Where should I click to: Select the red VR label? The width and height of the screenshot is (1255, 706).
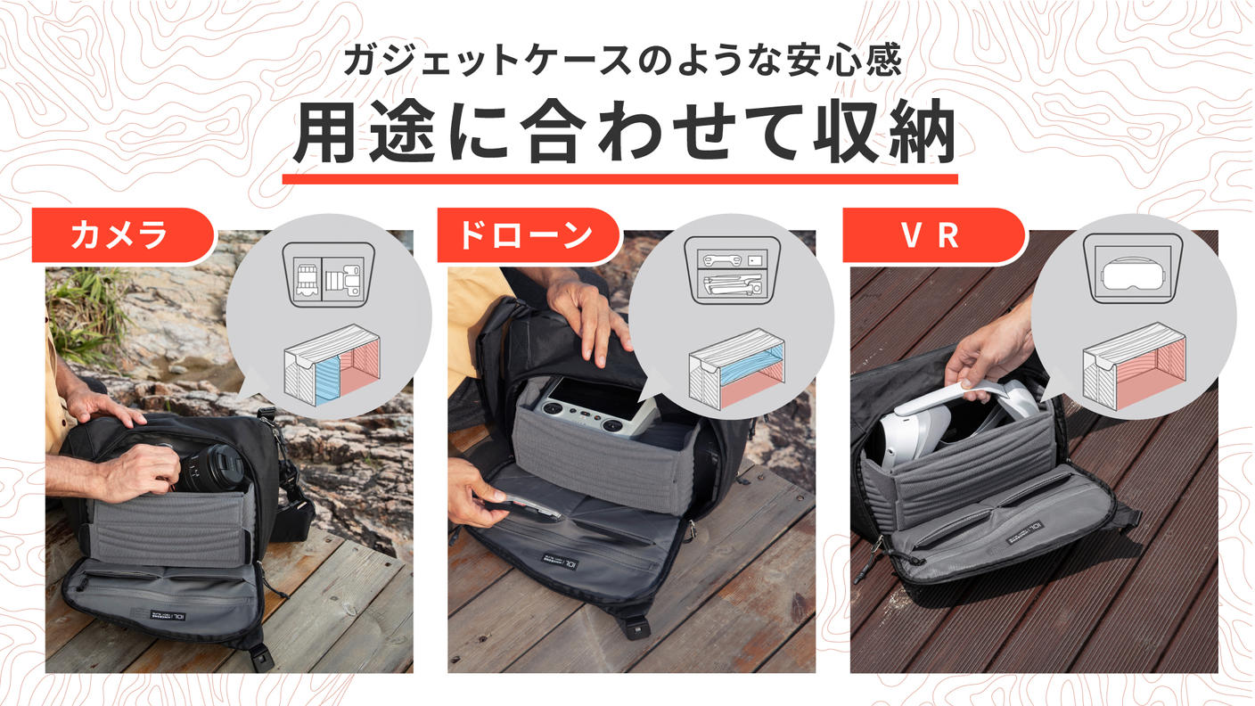[932, 236]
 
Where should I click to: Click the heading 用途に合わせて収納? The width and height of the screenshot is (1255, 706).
[623, 135]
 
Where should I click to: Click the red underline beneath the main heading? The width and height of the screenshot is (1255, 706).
[619, 178]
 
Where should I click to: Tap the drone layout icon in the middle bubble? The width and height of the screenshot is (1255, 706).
[730, 272]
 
